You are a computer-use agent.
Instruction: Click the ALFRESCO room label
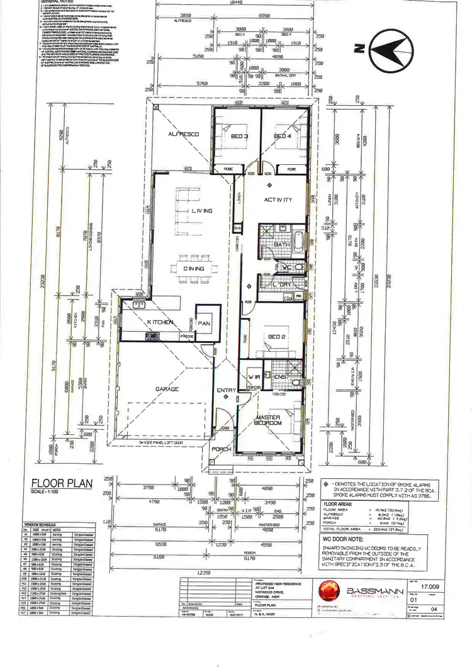pos(183,135)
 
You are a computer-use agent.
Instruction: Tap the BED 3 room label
pos(240,137)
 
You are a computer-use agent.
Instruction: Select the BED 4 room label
pos(283,137)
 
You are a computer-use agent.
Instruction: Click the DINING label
pos(194,269)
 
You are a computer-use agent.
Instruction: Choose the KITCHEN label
pos(160,322)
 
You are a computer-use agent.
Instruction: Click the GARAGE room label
pos(167,390)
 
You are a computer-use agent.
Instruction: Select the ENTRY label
pos(227,391)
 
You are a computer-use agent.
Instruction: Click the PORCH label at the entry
pos(222,449)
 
